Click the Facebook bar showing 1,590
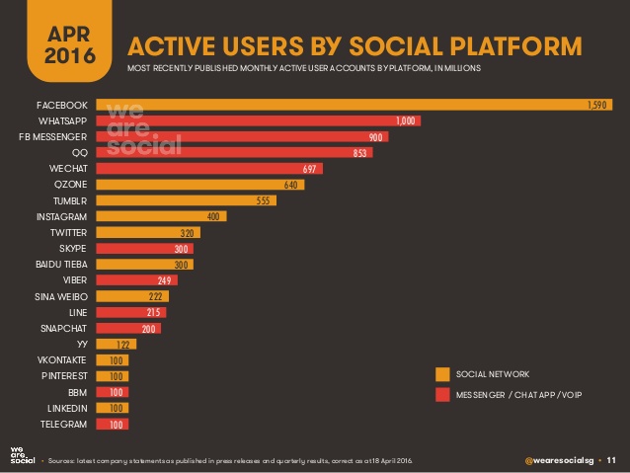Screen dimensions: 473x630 tap(355, 104)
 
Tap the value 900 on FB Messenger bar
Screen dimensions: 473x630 tap(375, 136)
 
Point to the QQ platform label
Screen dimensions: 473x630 tap(79, 152)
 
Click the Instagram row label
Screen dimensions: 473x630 tap(62, 216)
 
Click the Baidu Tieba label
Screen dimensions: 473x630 tap(61, 265)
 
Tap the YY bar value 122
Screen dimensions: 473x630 tap(124, 345)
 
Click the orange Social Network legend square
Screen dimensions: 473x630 tap(442, 374)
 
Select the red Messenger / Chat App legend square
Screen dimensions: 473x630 tap(442, 395)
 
